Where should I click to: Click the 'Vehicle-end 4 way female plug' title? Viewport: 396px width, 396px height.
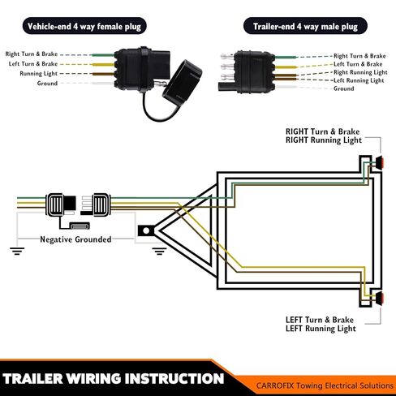coord(84,26)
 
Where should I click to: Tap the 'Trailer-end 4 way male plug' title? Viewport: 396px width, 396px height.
coord(305,26)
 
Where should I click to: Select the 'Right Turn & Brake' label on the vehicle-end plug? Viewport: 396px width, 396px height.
coord(32,54)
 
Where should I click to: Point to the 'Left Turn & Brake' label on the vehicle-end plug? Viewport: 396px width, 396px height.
coord(33,64)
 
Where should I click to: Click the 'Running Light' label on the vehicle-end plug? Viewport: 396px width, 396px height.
coord(38,74)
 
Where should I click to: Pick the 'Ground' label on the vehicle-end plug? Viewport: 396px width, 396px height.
coord(47,84)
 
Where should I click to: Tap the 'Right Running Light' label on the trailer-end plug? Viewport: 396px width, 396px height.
coord(360,72)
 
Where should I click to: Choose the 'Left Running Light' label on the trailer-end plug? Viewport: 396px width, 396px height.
coord(359,80)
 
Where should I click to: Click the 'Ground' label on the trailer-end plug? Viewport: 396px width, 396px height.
coord(344,88)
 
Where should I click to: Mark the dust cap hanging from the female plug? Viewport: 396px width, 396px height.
coord(182,80)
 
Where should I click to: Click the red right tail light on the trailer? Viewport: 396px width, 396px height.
coord(379,163)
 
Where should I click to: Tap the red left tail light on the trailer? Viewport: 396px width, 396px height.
coord(379,298)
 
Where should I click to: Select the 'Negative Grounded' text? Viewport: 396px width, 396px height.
coord(75,239)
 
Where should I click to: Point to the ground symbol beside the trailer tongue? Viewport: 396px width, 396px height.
coord(159,252)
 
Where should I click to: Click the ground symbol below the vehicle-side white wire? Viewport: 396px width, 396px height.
coord(17,252)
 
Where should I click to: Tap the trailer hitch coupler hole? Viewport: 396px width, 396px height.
coord(146,231)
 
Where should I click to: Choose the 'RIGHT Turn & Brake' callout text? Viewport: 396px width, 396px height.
coord(323,131)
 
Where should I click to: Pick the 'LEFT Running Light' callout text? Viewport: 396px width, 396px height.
coord(321,329)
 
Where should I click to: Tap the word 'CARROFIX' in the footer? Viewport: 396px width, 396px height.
coord(274,385)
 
